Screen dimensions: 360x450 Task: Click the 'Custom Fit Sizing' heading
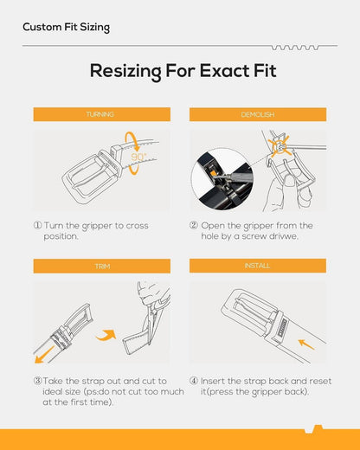coord(66,27)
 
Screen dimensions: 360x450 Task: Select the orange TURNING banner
coord(102,114)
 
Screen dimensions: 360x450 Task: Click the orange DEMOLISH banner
coord(258,114)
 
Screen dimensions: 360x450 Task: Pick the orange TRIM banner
coord(102,266)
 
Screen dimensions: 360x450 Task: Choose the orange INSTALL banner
coord(258,266)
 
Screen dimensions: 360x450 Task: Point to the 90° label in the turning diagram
coord(138,157)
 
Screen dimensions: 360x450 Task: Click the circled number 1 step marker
coord(38,225)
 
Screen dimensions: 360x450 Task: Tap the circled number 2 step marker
coord(194,225)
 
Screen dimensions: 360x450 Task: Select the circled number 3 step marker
coord(38,381)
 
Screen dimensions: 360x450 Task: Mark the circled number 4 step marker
coord(194,381)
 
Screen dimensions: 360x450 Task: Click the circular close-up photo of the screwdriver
coord(222,179)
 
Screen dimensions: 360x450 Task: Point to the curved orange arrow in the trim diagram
coord(106,335)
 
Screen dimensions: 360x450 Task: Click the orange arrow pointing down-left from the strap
coord(44,355)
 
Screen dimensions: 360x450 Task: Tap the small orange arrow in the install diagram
coord(306,344)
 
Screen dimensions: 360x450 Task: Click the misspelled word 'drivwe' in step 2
coord(283,236)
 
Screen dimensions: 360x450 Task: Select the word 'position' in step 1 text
coord(61,236)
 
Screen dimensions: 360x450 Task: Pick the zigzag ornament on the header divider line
coord(295,48)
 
